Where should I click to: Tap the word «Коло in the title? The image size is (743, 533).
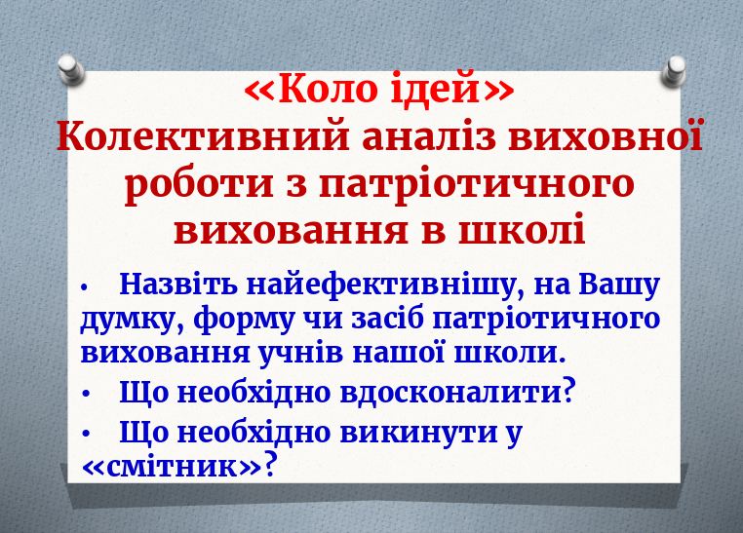click(310, 91)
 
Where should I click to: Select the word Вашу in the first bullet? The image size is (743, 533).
click(618, 286)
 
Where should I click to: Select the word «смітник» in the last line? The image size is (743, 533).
click(173, 466)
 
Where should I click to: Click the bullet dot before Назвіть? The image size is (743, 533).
click(87, 287)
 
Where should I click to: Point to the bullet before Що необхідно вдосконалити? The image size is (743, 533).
click(87, 394)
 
